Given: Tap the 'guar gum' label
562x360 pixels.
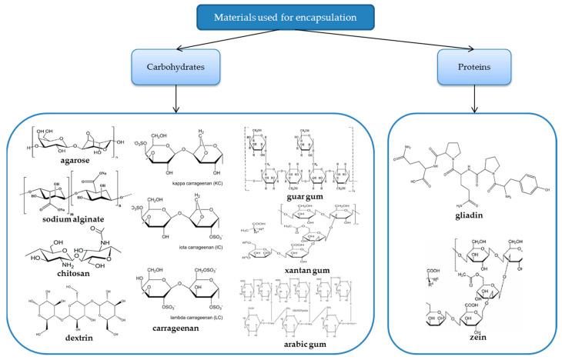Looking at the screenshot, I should (308, 200).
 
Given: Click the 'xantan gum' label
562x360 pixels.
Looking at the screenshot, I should (310, 262).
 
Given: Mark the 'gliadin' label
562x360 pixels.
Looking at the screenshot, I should (446, 218).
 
